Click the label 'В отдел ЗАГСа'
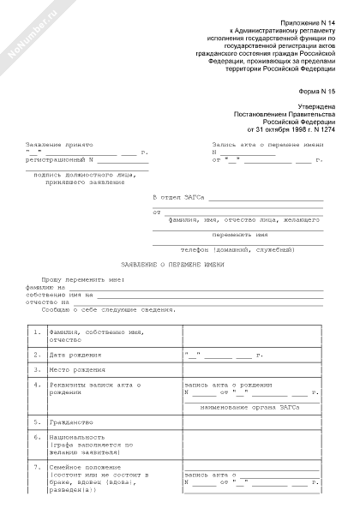179,197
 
